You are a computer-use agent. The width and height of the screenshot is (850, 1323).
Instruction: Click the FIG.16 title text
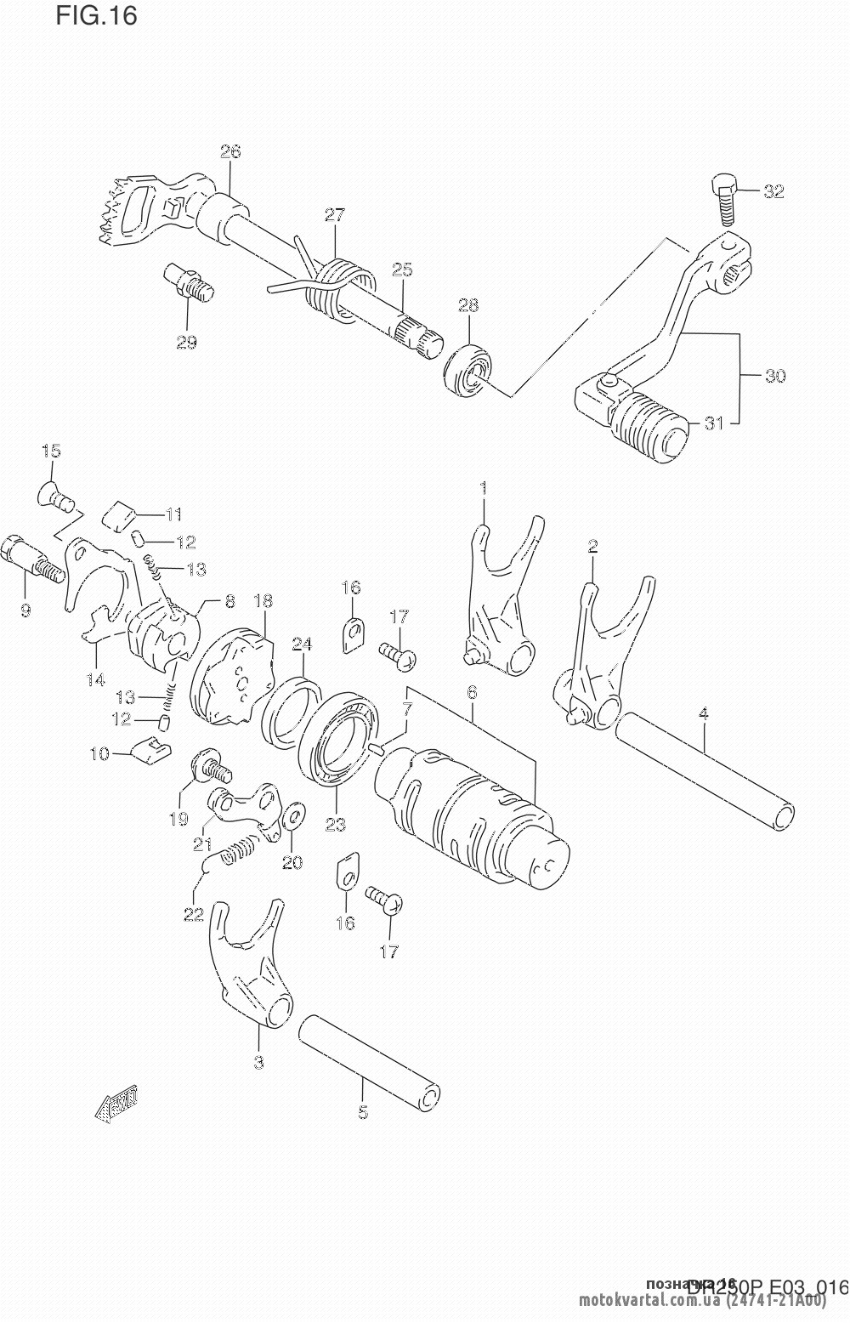point(96,15)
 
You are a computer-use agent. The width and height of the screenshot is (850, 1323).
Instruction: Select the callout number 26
point(230,151)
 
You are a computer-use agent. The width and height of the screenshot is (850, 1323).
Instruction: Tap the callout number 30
point(775,375)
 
